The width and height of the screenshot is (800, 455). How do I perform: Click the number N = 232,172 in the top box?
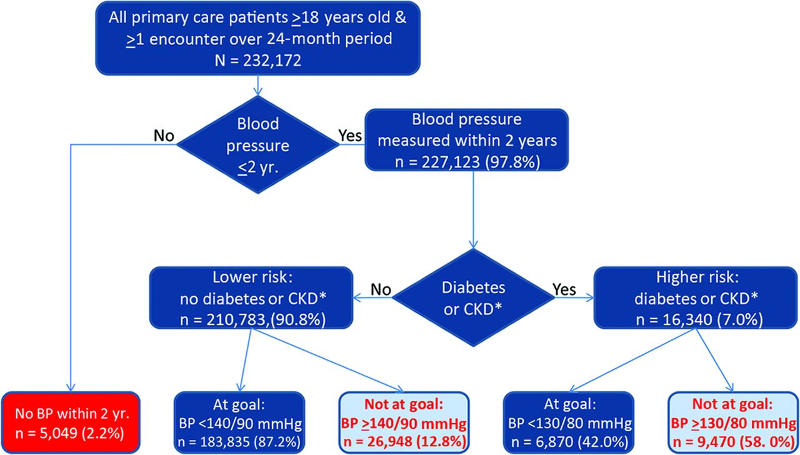click(258, 60)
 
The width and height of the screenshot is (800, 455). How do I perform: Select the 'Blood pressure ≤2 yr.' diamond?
click(258, 144)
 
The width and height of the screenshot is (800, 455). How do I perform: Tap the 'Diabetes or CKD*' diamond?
click(473, 297)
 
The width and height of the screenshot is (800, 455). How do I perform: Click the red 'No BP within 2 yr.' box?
click(71, 422)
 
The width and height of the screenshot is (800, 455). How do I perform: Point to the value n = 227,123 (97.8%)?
click(467, 162)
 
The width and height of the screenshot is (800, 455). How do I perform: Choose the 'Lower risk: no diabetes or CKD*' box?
click(251, 297)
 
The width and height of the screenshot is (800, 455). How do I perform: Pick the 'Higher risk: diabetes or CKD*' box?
click(696, 297)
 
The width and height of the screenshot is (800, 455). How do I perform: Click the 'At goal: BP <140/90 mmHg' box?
click(239, 422)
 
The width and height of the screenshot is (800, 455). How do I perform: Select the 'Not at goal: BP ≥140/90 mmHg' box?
click(404, 422)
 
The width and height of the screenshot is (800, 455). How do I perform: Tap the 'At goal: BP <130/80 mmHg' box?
click(569, 422)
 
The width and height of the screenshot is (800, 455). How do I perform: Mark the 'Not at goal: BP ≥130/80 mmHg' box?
click(733, 422)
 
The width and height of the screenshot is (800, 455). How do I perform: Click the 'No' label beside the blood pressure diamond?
click(164, 136)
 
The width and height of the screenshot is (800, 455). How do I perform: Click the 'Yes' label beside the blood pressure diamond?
click(350, 136)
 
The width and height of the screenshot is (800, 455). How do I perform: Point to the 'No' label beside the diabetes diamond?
click(381, 289)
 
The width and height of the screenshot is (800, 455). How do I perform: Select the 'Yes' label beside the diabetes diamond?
click(564, 289)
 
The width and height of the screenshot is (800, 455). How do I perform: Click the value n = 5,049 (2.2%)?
click(69, 433)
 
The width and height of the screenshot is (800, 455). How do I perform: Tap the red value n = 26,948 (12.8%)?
click(404, 442)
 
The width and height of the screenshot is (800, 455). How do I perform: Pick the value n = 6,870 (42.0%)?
click(569, 442)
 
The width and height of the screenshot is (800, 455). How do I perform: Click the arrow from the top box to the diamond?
click(258, 86)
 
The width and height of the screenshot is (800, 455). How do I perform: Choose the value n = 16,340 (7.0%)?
click(699, 319)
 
